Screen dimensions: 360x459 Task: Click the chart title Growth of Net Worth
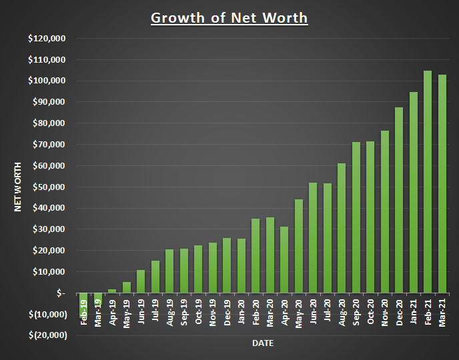tap(229, 17)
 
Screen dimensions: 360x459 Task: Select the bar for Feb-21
tap(428, 181)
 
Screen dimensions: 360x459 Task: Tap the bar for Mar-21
tap(442, 183)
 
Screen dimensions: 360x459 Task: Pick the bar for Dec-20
tap(399, 200)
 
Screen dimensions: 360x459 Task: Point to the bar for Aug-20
tap(342, 228)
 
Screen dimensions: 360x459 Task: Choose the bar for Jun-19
tap(141, 281)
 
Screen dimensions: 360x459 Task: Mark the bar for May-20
tap(299, 246)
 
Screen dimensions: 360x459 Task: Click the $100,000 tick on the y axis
tap(46, 81)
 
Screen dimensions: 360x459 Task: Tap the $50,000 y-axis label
tap(46, 187)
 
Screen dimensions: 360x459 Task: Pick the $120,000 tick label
tap(46, 38)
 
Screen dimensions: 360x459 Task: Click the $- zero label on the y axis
tap(61, 293)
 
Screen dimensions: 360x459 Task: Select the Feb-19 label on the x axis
tap(83, 311)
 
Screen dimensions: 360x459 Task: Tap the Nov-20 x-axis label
tap(385, 311)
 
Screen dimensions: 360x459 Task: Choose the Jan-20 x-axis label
tap(242, 311)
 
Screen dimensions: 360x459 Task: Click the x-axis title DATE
tap(262, 343)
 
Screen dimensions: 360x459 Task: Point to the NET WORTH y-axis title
tap(19, 186)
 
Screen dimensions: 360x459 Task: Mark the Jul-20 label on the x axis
tap(328, 311)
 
